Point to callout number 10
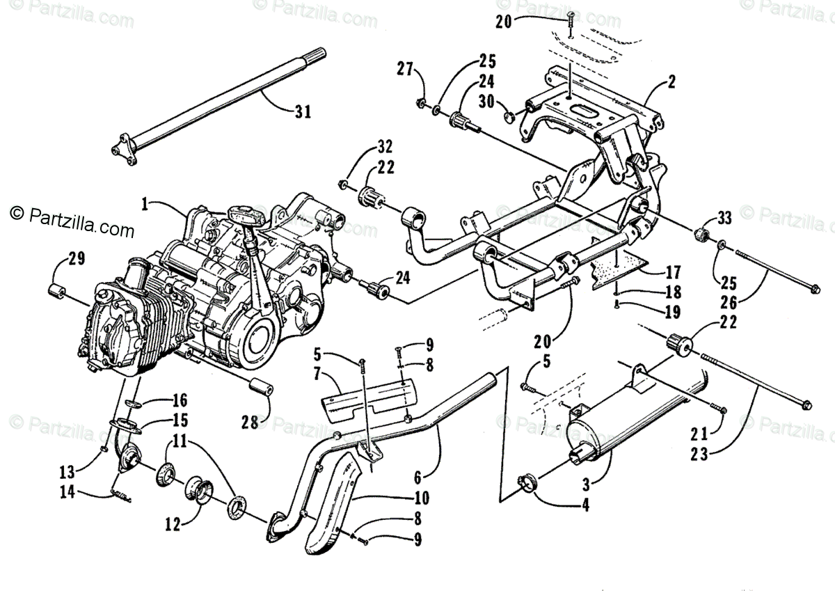422,498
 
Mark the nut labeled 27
422,103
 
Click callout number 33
724,219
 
